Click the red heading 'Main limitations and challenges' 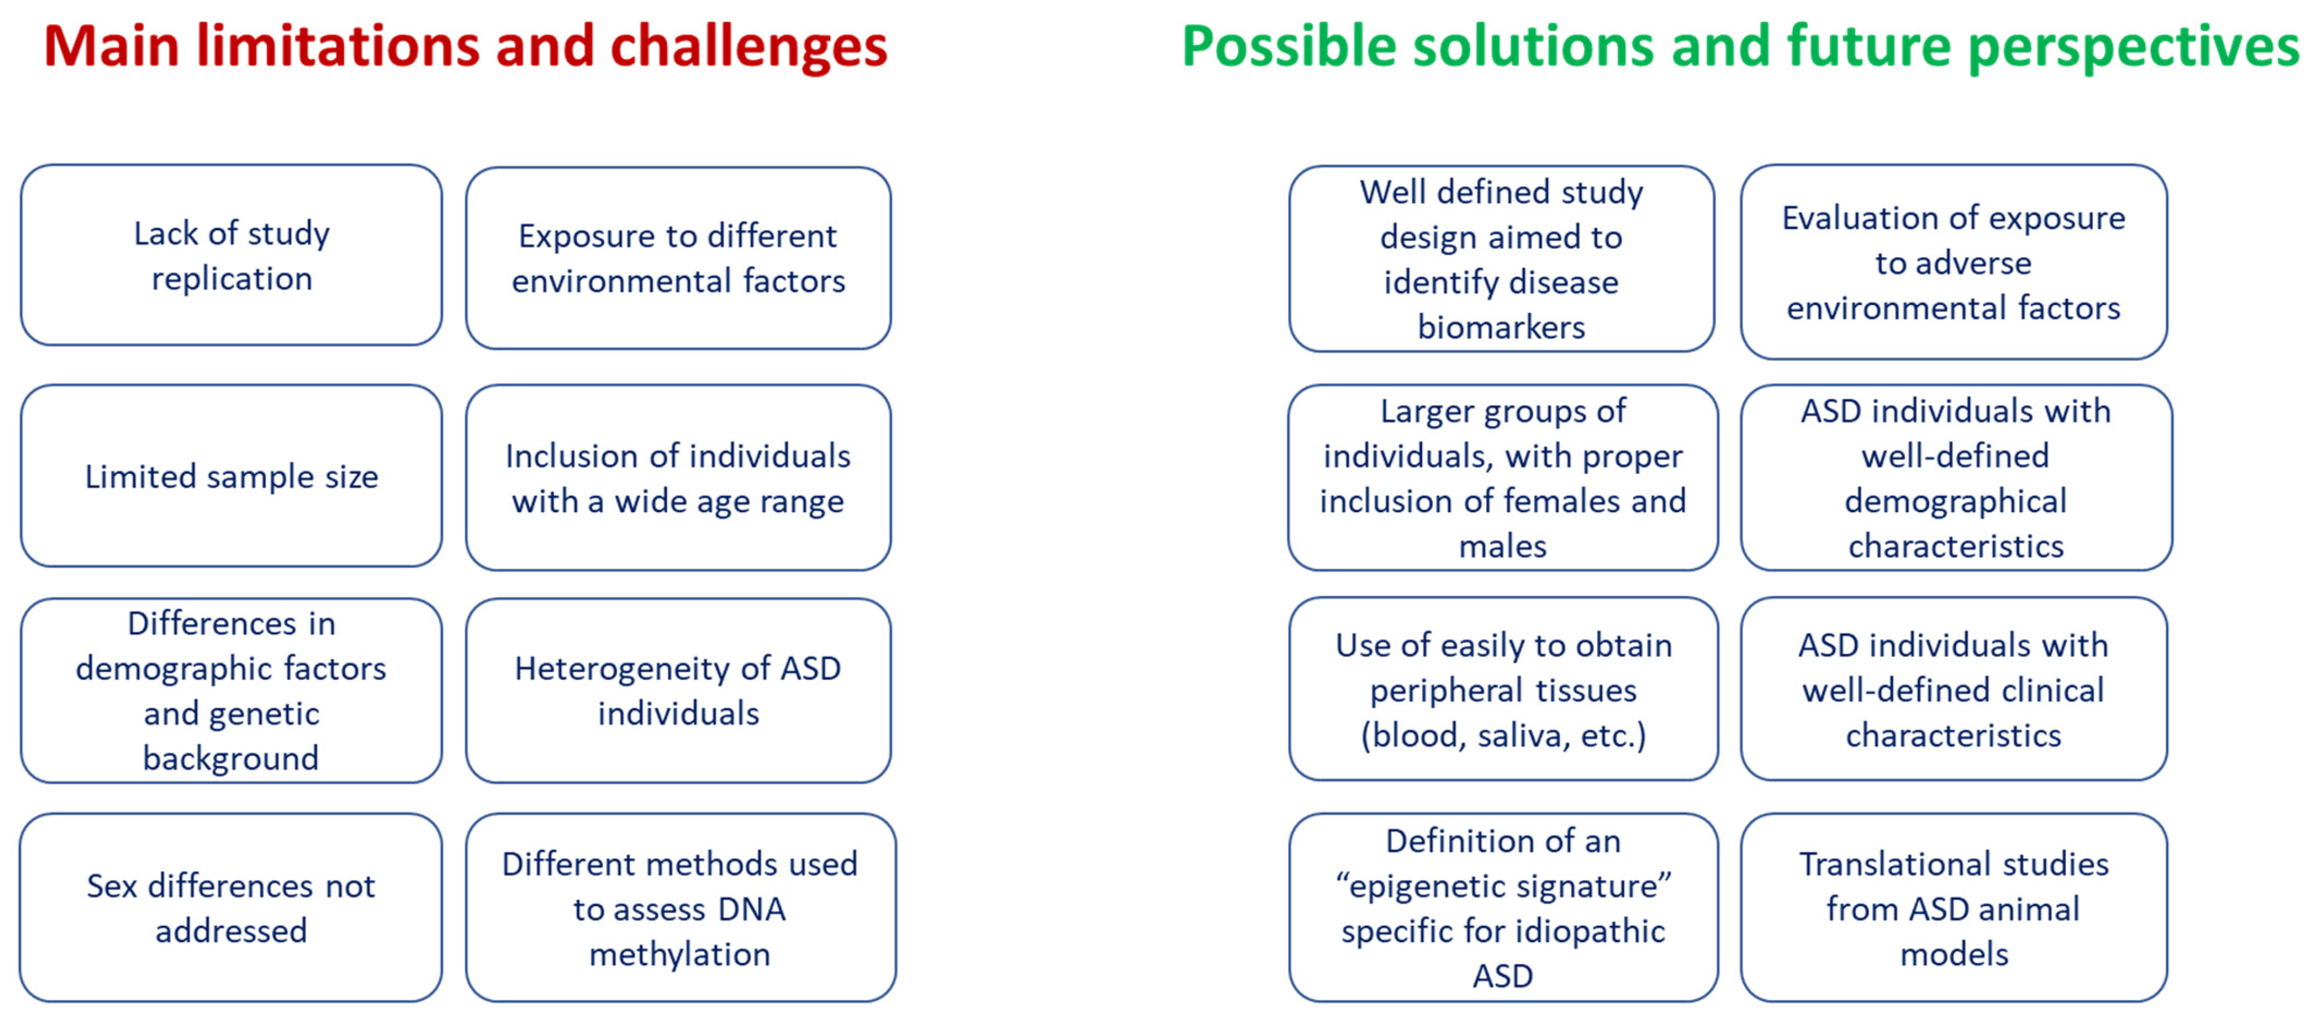coord(465,47)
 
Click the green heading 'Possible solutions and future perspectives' coord(1740,47)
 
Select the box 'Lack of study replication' coord(231,255)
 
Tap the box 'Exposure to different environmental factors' coord(678,258)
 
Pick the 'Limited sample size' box coord(231,476)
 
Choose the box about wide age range coord(678,477)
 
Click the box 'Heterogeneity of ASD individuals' coord(678,690)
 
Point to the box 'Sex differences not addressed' coord(231,907)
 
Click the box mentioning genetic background coord(231,690)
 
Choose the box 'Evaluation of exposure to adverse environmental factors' coord(1954,261)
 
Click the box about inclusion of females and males coord(1502,477)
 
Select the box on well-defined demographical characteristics coord(1956,477)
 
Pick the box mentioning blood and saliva coord(1502,689)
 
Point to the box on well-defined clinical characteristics coord(1954,689)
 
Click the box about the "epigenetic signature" coord(1502,907)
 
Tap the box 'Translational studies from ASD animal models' coord(1954,907)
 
